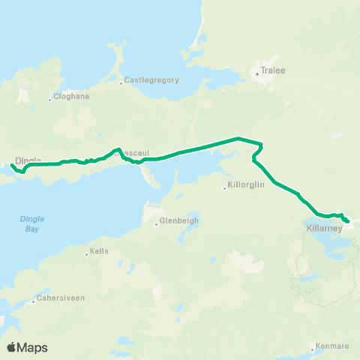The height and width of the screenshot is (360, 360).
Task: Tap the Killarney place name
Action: coord(324,227)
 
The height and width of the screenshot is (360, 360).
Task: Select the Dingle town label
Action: coord(27,160)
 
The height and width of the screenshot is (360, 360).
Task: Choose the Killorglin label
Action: coord(247,185)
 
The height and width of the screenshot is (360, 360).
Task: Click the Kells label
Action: coord(99,251)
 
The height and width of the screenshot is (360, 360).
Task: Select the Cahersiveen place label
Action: coord(61,298)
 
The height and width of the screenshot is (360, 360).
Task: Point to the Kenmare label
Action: coord(333,346)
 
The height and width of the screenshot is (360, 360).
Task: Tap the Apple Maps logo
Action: coord(26,347)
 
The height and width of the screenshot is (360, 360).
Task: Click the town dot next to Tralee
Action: coord(256,73)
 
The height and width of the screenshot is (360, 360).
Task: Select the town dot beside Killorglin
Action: coord(225,187)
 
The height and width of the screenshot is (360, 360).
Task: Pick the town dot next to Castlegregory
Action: coord(121,82)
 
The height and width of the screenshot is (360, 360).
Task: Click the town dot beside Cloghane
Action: coord(50,99)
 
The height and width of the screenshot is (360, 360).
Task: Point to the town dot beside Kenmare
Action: coord(313,349)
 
